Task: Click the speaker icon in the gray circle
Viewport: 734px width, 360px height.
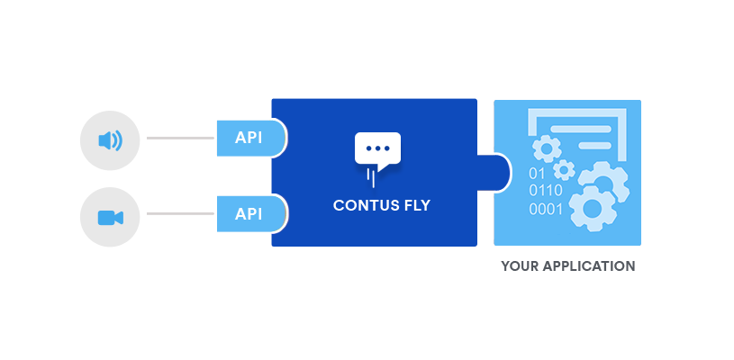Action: [111, 140]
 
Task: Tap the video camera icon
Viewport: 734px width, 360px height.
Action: [111, 218]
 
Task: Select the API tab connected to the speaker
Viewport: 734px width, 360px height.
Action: [251, 138]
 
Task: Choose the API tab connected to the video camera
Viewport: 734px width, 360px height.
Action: [251, 214]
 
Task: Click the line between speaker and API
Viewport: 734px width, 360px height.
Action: [180, 138]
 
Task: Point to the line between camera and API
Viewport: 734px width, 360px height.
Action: [180, 213]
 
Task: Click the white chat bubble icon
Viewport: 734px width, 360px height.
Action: [377, 151]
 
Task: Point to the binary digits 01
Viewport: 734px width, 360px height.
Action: [537, 174]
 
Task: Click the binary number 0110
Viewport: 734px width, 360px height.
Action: [546, 191]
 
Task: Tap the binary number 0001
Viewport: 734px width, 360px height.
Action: [546, 209]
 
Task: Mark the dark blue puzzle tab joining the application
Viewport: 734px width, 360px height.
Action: [494, 173]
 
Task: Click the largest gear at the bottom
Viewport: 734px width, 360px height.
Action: [593, 209]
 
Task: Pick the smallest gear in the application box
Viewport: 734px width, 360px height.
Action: [564, 170]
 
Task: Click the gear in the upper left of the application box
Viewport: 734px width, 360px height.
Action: [547, 148]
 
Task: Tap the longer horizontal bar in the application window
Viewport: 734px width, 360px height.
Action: [581, 129]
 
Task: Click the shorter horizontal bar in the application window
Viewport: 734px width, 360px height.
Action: [594, 146]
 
